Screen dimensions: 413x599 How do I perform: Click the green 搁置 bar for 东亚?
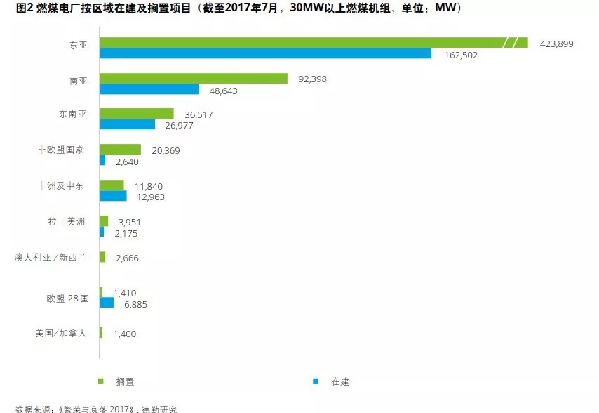302,43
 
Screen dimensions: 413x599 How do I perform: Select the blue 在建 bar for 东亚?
265,54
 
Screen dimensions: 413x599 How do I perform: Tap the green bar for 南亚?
194,79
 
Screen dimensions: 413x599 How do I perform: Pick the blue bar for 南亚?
149,90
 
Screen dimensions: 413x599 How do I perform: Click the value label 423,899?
557,44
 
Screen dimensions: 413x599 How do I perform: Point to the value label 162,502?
461,55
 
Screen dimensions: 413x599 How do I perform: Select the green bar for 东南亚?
137,114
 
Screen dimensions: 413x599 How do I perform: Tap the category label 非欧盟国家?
61,150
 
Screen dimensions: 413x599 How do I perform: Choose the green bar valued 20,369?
121,150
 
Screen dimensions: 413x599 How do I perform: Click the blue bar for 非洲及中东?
113,196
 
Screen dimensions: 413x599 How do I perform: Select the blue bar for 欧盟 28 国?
107,303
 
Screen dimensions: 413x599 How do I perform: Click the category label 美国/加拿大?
61,333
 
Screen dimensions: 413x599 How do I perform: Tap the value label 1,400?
124,334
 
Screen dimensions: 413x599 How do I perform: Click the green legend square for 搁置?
100,381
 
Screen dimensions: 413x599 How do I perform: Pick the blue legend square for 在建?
316,381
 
